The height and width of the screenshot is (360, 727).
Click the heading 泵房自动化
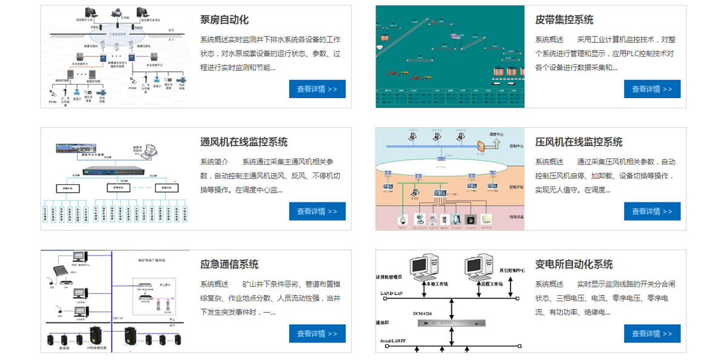(x=224, y=20)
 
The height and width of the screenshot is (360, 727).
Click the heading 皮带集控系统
(x=564, y=20)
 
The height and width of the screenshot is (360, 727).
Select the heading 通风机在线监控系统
(x=244, y=142)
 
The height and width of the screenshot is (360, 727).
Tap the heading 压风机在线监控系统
(x=579, y=142)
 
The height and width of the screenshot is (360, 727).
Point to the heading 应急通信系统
(x=229, y=265)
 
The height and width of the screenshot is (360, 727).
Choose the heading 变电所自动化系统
(x=574, y=265)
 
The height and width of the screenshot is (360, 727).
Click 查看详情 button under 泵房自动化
(x=317, y=89)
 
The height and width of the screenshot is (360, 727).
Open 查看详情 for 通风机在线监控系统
(x=317, y=212)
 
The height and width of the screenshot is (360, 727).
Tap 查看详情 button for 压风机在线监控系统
(x=652, y=212)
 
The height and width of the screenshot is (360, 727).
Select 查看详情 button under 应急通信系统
(x=317, y=334)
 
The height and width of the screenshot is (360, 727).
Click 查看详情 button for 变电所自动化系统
(x=652, y=334)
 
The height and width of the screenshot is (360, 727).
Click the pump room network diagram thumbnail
(x=115, y=57)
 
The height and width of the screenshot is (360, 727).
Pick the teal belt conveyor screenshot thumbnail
(x=450, y=57)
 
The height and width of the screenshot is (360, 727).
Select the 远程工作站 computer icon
(x=479, y=267)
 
